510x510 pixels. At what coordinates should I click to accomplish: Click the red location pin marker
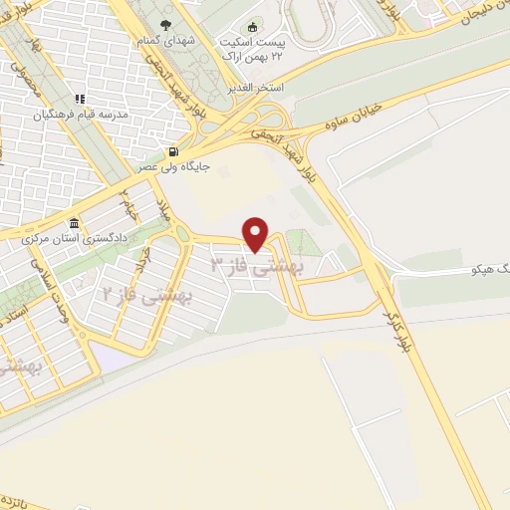coord(256,234)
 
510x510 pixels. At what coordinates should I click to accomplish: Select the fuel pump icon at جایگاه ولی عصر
coord(174,152)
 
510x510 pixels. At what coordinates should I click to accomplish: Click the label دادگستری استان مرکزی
coord(75,241)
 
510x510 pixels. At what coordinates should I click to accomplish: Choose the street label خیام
coord(127,201)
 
